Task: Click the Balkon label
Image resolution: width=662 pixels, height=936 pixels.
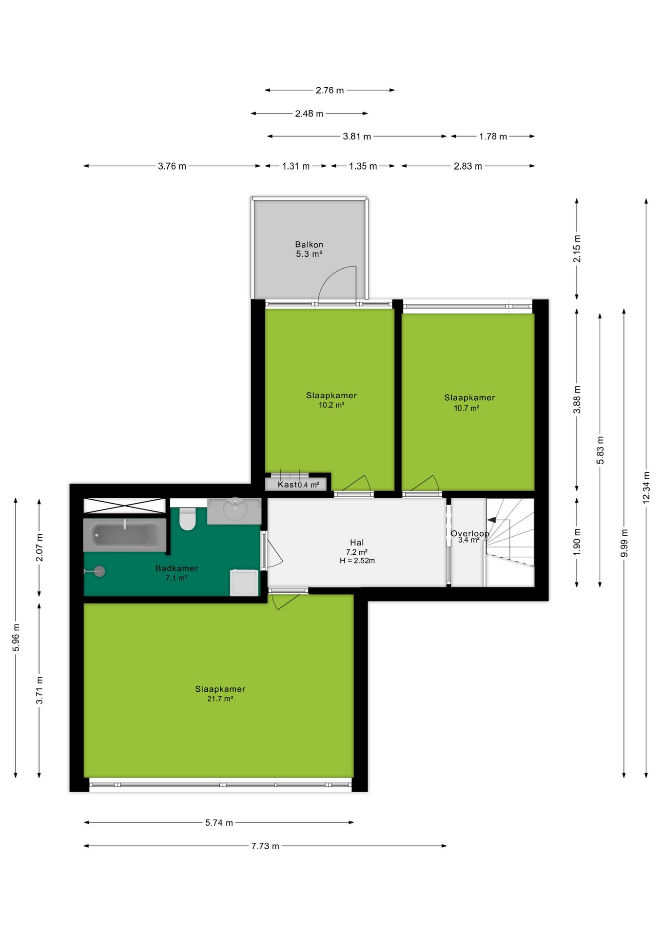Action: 309,244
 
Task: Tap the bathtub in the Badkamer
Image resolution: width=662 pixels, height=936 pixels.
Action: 125,535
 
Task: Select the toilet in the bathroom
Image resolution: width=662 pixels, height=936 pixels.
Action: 187,519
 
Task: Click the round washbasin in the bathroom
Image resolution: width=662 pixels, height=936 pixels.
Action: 235,509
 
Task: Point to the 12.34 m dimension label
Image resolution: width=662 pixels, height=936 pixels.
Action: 646,487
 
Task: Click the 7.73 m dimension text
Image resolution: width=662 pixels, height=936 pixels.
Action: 265,846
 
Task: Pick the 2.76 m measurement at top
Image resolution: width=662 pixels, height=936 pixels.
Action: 330,90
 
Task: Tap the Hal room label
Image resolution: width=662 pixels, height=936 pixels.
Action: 357,542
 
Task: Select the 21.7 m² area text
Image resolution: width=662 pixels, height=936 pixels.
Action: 220,699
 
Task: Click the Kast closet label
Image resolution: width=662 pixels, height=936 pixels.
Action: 287,484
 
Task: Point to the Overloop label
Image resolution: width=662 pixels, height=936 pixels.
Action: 470,533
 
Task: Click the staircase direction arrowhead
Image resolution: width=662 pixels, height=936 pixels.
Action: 491,520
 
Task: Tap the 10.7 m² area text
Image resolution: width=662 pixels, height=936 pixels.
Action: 467,408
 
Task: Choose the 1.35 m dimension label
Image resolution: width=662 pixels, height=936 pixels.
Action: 363,166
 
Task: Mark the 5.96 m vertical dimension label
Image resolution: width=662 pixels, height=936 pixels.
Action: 16,637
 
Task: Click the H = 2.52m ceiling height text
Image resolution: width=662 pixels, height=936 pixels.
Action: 357,561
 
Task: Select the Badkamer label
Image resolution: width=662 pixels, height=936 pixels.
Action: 176,568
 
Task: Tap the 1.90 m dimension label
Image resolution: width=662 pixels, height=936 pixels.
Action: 577,542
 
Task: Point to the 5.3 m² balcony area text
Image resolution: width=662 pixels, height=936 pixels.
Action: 309,254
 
